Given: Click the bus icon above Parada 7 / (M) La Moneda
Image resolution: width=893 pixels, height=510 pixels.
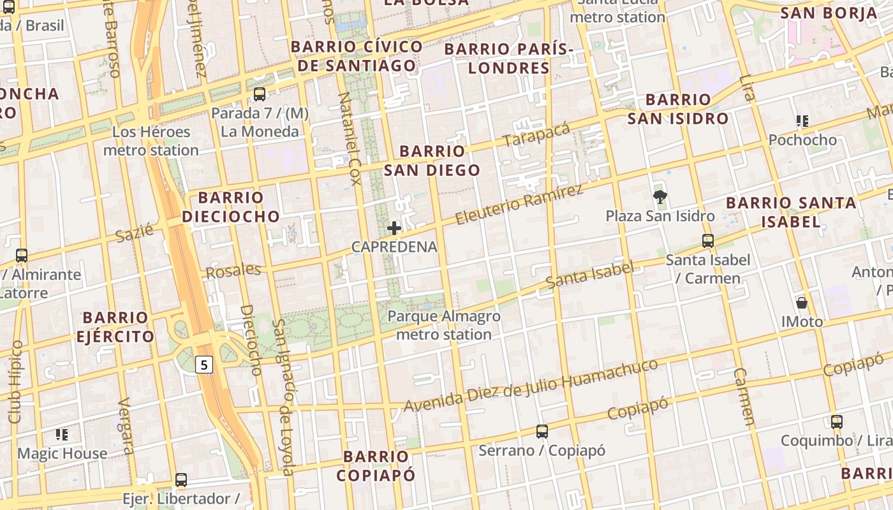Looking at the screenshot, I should (x=260, y=94).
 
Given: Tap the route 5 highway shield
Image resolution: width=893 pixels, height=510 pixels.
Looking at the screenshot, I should (x=203, y=365).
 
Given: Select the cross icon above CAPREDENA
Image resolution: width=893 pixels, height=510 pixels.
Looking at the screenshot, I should (x=394, y=228).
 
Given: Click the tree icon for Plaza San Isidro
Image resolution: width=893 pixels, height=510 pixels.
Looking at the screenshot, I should (x=660, y=197).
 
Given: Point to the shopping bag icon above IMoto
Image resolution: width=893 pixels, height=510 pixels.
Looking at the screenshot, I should (x=802, y=303).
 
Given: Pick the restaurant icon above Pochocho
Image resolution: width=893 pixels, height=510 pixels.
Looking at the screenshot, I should (x=802, y=120).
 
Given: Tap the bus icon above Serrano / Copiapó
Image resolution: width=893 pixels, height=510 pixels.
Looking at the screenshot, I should (x=542, y=432).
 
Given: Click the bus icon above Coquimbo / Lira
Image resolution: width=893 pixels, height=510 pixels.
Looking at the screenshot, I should (x=836, y=421).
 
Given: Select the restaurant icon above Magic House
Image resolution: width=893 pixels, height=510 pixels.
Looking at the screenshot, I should (x=62, y=435).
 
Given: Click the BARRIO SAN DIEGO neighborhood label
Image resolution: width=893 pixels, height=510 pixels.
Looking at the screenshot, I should (x=432, y=161).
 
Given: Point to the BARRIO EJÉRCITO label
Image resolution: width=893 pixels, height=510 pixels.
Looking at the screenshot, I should (x=115, y=326).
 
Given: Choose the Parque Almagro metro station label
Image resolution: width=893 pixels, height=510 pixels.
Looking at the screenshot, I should (x=444, y=325).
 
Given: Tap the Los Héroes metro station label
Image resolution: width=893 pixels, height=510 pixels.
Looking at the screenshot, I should (x=151, y=141).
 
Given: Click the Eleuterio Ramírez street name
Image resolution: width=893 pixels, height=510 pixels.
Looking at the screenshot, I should (x=519, y=204).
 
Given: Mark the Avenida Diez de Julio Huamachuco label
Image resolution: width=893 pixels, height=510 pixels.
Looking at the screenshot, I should (x=531, y=385).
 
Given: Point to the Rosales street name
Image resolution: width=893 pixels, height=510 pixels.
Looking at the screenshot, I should (x=233, y=270).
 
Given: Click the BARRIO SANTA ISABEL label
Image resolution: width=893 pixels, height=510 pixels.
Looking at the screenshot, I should (x=791, y=212).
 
